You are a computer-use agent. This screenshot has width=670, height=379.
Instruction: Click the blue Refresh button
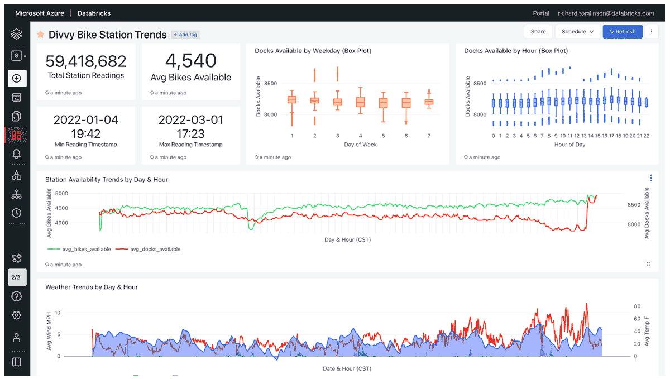[x=623, y=32]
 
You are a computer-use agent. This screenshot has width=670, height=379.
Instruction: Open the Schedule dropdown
[x=577, y=32]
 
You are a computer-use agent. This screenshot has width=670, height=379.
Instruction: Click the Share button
[x=538, y=32]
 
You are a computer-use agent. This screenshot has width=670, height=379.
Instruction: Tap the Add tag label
[x=185, y=35]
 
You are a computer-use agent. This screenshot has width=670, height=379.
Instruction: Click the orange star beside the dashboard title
[x=41, y=35]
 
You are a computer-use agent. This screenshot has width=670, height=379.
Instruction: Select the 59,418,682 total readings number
[x=86, y=61]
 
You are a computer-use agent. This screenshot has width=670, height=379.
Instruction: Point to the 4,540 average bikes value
[x=191, y=60]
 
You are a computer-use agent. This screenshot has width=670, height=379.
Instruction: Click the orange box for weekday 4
[x=360, y=102]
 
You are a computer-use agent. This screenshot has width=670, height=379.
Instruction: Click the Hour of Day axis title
[x=569, y=145]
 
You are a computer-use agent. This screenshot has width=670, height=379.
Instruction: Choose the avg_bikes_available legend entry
[x=79, y=249]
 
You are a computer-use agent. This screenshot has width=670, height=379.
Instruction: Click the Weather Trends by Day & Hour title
[x=92, y=287]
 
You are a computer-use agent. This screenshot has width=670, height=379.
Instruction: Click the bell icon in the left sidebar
[x=16, y=155]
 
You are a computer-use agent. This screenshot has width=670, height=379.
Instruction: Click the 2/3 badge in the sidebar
[x=16, y=277]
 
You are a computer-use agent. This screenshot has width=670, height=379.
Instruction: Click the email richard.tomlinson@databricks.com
[x=606, y=13]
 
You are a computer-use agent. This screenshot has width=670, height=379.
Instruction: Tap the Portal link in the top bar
[x=541, y=13]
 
